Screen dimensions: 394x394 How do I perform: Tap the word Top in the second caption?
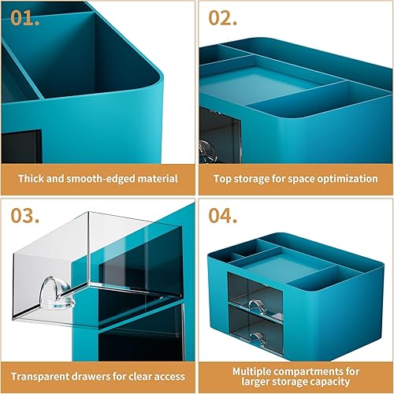pos(225,179)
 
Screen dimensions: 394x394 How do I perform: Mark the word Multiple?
pos(254,369)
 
